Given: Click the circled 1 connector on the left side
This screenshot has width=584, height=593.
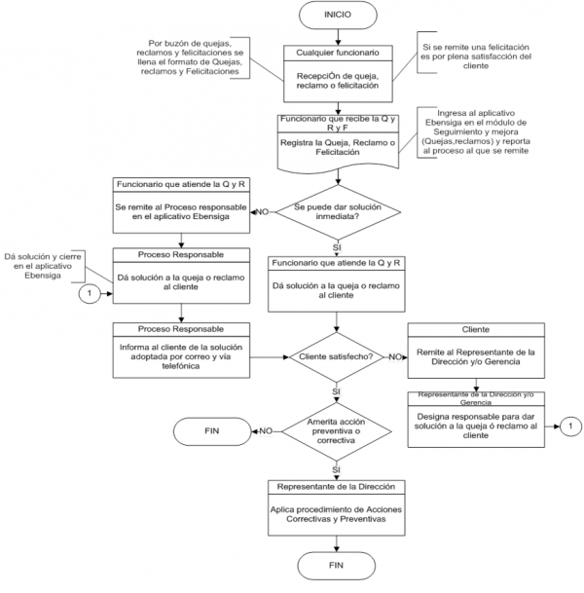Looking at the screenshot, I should [x=89, y=292].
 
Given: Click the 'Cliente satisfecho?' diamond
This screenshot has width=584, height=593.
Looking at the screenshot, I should [x=336, y=357].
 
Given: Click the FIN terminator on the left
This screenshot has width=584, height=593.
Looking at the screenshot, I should [x=211, y=429].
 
